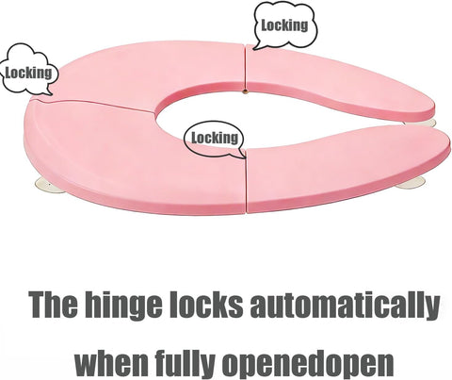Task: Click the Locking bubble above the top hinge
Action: coord(285,25)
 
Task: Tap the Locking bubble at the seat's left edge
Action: coord(28,72)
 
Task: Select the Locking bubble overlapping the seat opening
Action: coord(215,138)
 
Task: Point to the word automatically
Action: coord(345,305)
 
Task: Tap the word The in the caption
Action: coord(53,305)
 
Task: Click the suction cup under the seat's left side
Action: coord(50,185)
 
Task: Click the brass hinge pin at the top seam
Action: coord(245,91)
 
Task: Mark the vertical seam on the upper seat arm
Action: coord(245,67)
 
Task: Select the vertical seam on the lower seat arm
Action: coord(246,181)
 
